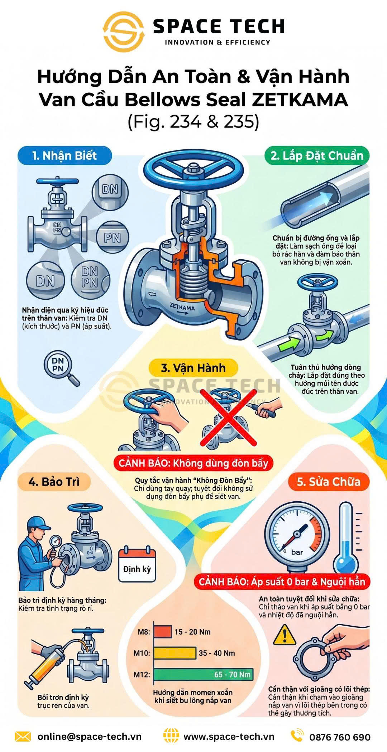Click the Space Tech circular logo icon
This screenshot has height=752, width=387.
point(124,32)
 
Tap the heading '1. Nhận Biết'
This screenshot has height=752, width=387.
point(64,156)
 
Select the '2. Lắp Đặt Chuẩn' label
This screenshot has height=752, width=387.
point(317,156)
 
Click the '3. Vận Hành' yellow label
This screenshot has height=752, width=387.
point(193,368)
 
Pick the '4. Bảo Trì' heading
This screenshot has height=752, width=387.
point(54,482)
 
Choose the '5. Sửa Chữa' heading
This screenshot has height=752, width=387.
point(329,482)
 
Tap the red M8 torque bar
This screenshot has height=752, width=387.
point(163,632)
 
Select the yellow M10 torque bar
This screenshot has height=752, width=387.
point(175,653)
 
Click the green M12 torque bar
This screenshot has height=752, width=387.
point(203,674)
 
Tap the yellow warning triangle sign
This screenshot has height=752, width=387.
point(285,635)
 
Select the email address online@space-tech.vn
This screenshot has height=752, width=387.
point(90,737)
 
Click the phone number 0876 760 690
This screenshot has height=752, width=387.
point(340,737)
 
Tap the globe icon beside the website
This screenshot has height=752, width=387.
point(171,736)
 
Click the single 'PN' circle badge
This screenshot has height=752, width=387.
point(112,238)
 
